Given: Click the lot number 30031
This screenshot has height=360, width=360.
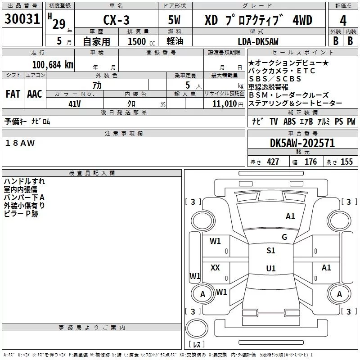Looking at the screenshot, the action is (x=22, y=20).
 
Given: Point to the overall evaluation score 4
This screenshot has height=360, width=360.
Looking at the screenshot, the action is (x=343, y=20).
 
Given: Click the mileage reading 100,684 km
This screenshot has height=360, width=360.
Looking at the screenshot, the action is (x=53, y=64).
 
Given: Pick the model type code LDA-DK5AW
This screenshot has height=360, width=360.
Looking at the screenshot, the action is (x=258, y=41).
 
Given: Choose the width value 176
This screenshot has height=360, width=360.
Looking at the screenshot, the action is (x=310, y=162).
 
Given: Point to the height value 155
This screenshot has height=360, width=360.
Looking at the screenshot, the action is (x=346, y=162).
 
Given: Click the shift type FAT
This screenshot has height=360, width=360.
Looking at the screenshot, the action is (x=13, y=94).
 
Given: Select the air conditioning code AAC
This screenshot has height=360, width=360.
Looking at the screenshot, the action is (x=34, y=94).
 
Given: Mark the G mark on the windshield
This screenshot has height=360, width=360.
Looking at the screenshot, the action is (x=284, y=237).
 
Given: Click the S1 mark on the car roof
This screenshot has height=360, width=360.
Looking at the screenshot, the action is (x=270, y=251).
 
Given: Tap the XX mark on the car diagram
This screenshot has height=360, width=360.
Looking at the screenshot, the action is (x=215, y=268).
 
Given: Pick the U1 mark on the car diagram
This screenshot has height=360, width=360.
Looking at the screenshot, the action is (x=270, y=269).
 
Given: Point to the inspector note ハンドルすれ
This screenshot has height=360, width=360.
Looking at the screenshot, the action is (x=24, y=181).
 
